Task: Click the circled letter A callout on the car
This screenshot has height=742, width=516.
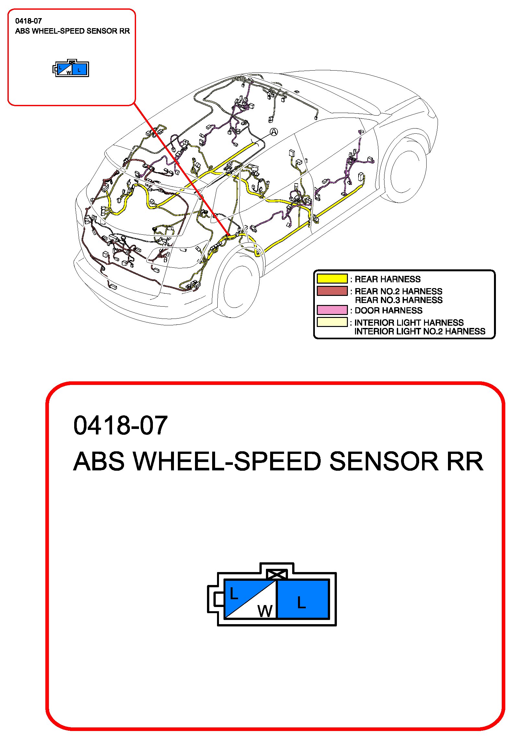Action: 274,132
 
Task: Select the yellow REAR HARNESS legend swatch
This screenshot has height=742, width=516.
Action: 332,279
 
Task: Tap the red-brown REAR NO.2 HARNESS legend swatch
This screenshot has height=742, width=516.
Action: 332,291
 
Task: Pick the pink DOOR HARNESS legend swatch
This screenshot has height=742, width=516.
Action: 332,310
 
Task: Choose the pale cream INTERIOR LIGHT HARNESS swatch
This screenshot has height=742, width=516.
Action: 332,322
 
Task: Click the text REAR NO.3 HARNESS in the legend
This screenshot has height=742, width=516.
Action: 398,300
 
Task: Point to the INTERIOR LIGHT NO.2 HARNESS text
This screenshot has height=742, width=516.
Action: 420,331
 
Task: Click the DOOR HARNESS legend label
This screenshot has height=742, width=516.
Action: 388,310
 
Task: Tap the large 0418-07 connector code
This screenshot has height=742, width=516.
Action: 120,425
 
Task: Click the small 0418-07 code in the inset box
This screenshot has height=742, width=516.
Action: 29,21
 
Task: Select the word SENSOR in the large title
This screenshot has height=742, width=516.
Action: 384,461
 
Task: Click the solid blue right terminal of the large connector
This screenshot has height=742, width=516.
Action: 303,599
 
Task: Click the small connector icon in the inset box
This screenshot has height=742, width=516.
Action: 71,68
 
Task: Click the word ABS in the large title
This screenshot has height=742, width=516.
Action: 99,461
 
